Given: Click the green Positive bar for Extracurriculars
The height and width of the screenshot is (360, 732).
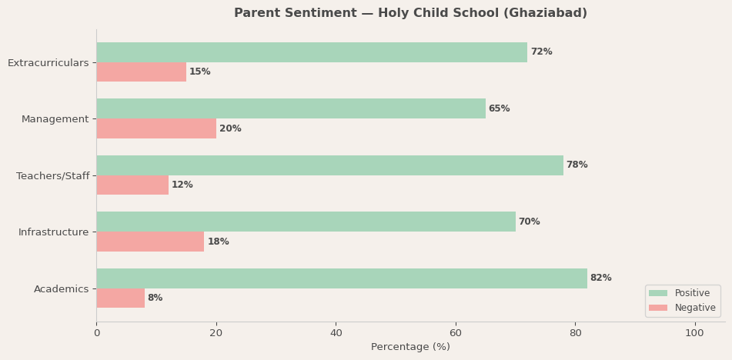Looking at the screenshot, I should (312, 52).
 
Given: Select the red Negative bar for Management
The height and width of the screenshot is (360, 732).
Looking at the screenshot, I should (156, 128).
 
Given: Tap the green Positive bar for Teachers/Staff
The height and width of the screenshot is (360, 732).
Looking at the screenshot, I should (329, 165).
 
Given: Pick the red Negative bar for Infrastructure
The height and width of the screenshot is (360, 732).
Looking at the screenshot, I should (150, 242).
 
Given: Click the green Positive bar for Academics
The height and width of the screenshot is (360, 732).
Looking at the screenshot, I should (342, 278).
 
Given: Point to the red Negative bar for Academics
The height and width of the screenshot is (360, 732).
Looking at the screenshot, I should (120, 298).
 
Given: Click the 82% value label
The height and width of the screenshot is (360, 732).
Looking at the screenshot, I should (600, 278).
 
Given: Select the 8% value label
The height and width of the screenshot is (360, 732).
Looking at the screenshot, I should (155, 298).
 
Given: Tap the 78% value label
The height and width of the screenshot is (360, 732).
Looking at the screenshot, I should (577, 165).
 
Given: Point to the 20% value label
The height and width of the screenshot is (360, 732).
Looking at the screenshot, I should (230, 128).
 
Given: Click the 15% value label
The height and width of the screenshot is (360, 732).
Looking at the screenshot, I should (199, 72).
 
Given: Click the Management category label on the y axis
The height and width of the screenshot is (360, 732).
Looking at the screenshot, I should (55, 119).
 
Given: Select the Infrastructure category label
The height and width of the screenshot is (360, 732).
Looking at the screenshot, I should (53, 232).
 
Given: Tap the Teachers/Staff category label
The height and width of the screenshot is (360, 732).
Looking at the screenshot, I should (52, 176).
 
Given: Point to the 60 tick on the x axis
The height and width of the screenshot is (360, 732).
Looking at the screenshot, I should (456, 333).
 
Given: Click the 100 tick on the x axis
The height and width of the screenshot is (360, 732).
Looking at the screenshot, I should (694, 333).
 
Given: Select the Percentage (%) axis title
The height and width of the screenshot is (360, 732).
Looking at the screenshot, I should (410, 348).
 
